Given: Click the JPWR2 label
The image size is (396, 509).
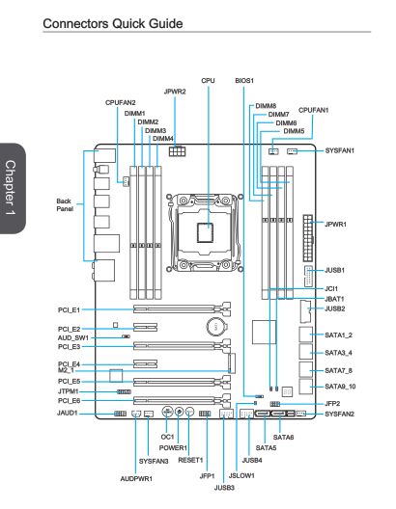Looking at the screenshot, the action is pos(175,92).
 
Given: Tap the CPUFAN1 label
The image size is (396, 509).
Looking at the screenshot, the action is pos(313,110).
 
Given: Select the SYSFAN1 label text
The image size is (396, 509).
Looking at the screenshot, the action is pos(340,150).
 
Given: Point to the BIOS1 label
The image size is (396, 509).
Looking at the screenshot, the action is pos(244,81).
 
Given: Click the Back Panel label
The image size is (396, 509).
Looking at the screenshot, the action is pos(65,204).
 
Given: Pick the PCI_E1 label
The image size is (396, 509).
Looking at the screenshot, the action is pos(69,310).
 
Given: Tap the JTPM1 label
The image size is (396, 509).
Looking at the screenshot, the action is pos(69,391).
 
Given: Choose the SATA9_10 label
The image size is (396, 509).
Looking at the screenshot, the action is pos(340,387).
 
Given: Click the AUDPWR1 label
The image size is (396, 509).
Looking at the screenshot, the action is pos(136,479).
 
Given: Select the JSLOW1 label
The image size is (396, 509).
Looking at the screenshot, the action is pos(241,475).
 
